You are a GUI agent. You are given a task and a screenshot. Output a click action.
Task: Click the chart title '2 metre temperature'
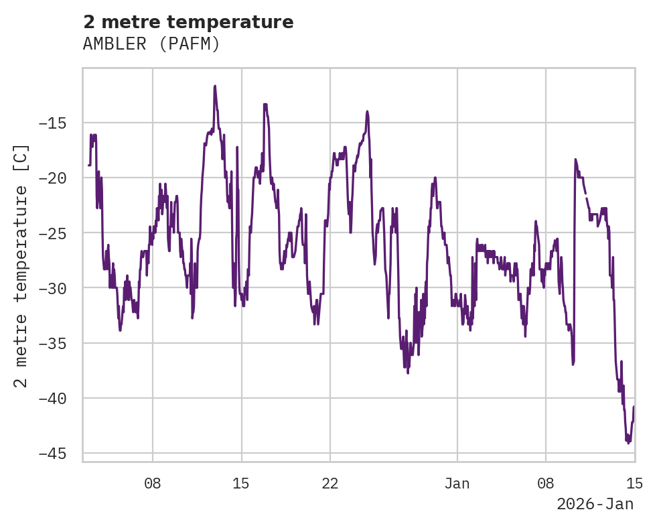pyautogui.click(x=188, y=22)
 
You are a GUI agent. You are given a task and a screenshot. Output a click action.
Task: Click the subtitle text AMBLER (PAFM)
pyautogui.click(x=151, y=44)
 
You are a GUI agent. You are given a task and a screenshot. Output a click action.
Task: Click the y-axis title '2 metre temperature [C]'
pyautogui.click(x=21, y=265)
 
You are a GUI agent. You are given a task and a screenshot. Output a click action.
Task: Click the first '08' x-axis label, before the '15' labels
pyautogui.click(x=153, y=483)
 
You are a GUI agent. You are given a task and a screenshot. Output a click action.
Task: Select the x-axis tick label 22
pyautogui.click(x=330, y=483)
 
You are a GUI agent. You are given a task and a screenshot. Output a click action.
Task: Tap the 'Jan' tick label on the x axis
pyautogui.click(x=457, y=483)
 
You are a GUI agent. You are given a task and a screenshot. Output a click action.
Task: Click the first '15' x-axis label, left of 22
pyautogui.click(x=241, y=483)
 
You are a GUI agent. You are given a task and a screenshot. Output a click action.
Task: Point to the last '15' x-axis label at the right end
pyautogui.click(x=634, y=483)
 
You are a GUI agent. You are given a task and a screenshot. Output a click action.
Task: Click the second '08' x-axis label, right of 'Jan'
pyautogui.click(x=545, y=483)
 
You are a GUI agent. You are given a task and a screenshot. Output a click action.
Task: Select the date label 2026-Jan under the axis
pyautogui.click(x=595, y=505)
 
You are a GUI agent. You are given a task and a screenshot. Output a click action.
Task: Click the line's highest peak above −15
pyautogui.click(x=215, y=86)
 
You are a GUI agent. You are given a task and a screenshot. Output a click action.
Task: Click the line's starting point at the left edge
pyautogui.click(x=88, y=165)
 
